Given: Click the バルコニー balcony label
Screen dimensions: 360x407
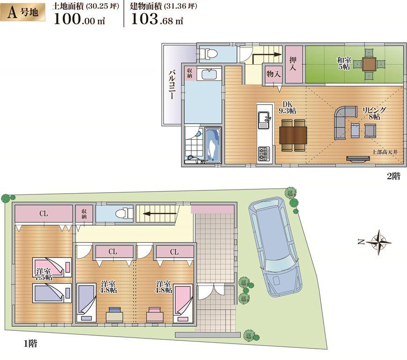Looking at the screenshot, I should coord(171,84).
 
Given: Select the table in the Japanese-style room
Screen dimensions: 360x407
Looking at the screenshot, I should coord(369,64).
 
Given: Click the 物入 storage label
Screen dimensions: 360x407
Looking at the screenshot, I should coord(273,74).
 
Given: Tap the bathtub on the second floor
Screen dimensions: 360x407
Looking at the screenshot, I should coord(213,144).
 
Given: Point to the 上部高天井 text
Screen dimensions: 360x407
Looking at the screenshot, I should coord(385,152).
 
